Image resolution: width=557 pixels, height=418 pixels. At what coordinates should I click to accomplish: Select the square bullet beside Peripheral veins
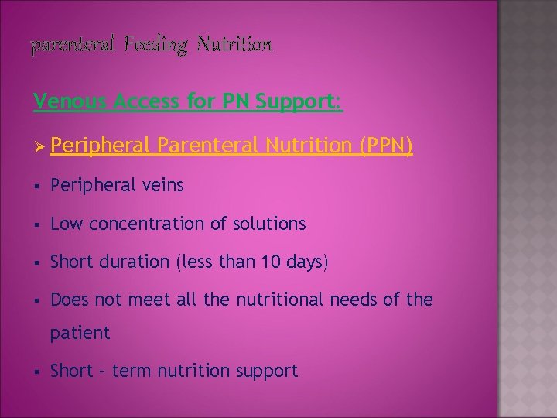coord(37,186)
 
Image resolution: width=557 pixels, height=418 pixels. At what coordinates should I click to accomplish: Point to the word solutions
coord(269,224)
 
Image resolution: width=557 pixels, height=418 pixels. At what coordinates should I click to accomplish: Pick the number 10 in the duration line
coord(269,262)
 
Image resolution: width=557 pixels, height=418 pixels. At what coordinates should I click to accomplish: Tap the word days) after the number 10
coord(307,262)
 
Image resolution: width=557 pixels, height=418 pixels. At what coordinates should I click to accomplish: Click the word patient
coord(80,333)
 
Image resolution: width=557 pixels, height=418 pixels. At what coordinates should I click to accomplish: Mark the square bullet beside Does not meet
coord(37,300)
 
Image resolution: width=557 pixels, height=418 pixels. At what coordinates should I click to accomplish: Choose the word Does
coord(70,300)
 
